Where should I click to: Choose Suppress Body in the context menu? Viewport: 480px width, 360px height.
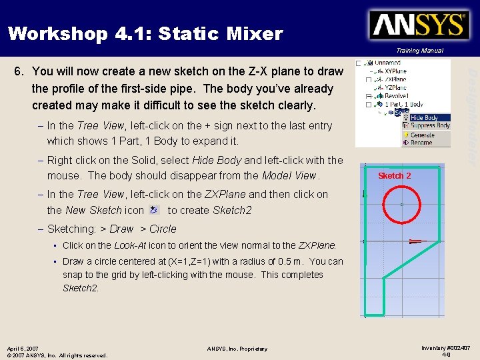coord(429,125)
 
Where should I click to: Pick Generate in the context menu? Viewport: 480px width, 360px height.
coord(422,135)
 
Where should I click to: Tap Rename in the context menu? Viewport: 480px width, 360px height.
coord(421,142)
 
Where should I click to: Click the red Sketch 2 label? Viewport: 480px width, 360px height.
coord(395,176)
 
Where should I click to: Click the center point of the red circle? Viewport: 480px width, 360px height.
coord(401,204)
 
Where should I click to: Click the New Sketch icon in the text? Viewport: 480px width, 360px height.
coord(154,209)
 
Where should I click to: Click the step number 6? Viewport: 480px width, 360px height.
coord(19,71)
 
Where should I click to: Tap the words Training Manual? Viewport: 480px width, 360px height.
coord(419,51)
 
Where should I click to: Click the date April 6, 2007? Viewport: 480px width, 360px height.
coord(23,348)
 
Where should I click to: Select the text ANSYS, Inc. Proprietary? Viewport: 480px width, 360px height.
coord(237,349)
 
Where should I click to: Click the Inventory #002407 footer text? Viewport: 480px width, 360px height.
coord(446,347)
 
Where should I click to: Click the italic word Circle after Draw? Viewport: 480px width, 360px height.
coord(163,229)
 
